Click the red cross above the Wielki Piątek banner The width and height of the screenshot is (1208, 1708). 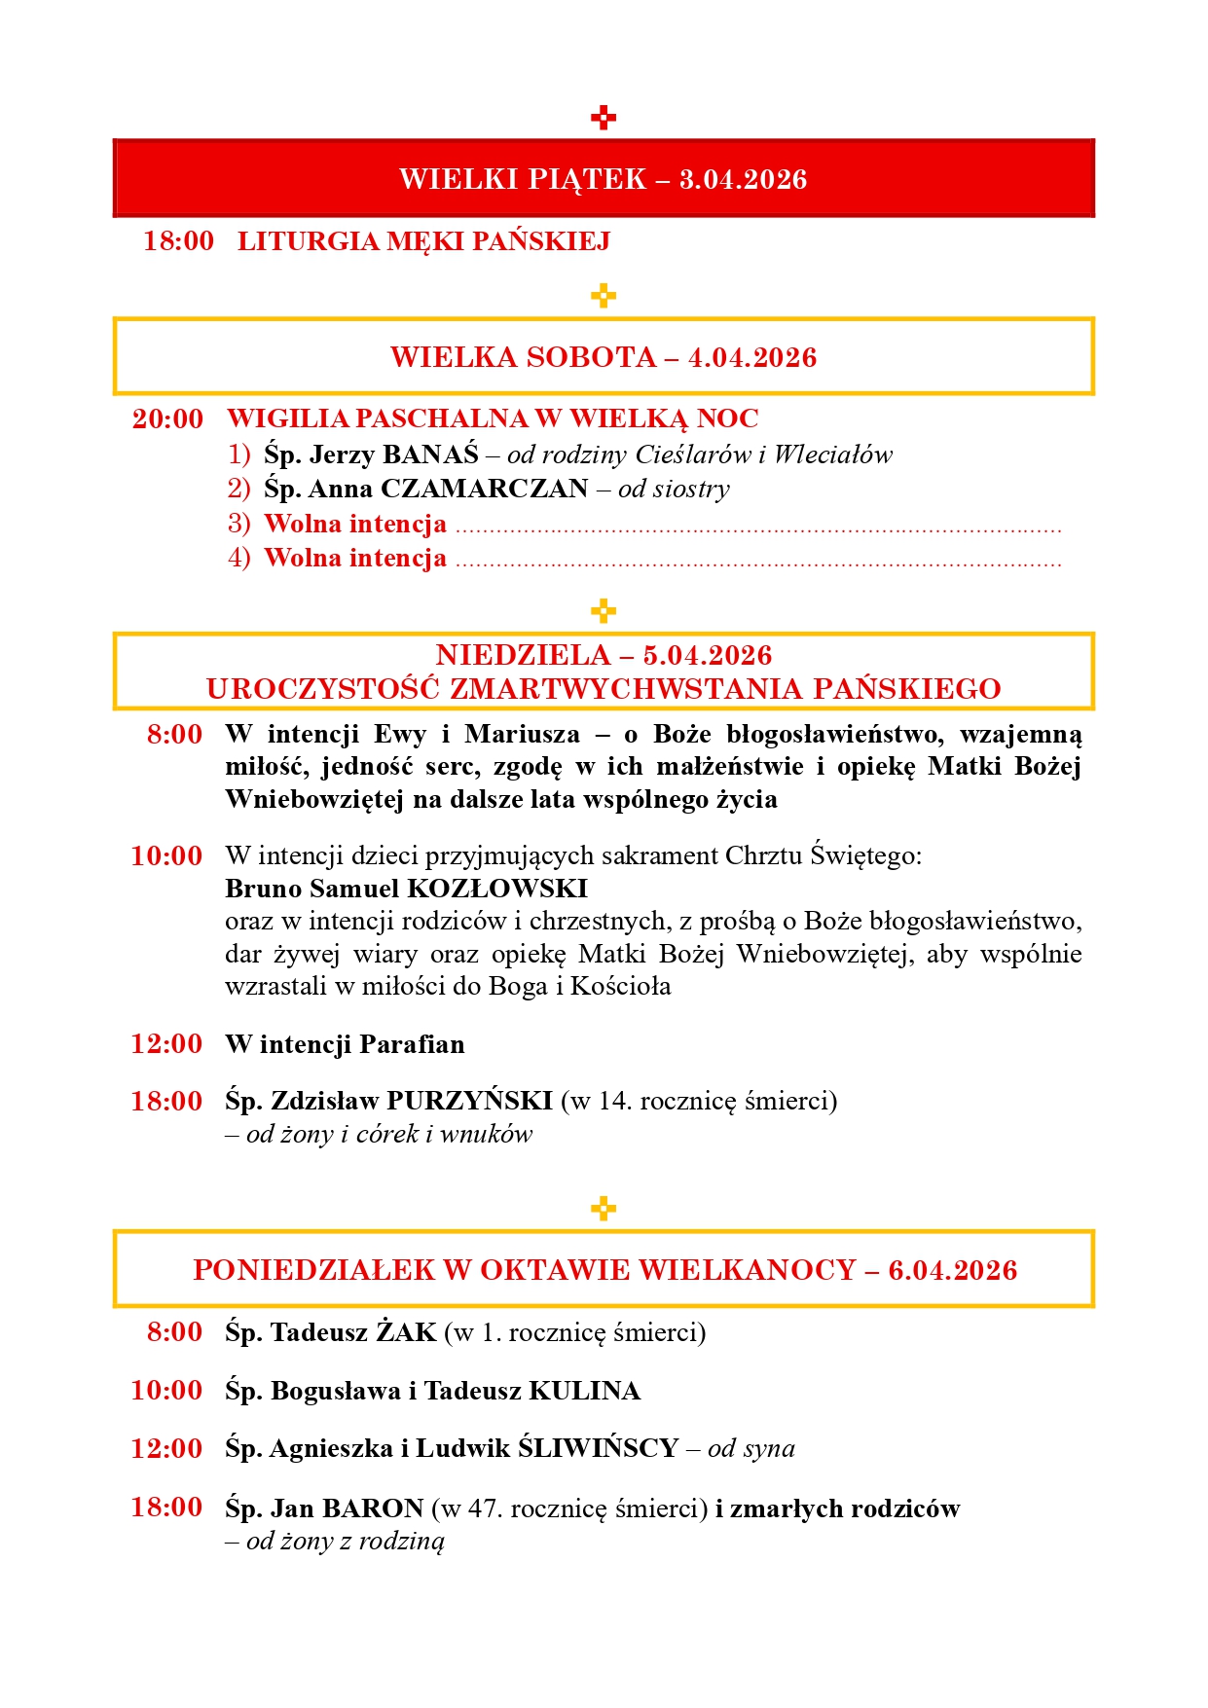tap(604, 118)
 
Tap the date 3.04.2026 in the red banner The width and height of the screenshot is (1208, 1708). tap(743, 179)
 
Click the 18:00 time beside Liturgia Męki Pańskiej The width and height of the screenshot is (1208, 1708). tap(178, 241)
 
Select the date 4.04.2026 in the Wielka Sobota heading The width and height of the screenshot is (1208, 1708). tap(751, 357)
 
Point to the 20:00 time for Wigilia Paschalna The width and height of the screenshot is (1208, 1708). tap(167, 419)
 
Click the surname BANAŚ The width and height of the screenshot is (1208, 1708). tap(430, 454)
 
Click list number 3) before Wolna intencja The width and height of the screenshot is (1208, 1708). tap(238, 524)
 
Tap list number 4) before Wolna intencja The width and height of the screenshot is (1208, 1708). tap(238, 558)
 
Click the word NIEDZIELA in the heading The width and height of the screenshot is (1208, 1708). tap(523, 655)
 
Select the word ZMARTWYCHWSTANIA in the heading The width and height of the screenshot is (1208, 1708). tap(627, 689)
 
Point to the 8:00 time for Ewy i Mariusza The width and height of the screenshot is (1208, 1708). tap(174, 735)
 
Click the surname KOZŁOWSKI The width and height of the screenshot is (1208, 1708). tap(496, 889)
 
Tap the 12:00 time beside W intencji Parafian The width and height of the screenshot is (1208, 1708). tap(166, 1044)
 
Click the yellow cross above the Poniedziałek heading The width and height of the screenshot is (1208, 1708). tap(604, 1209)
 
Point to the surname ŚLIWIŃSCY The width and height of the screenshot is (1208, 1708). tap(598, 1448)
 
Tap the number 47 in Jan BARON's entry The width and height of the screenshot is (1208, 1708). tap(483, 1508)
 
